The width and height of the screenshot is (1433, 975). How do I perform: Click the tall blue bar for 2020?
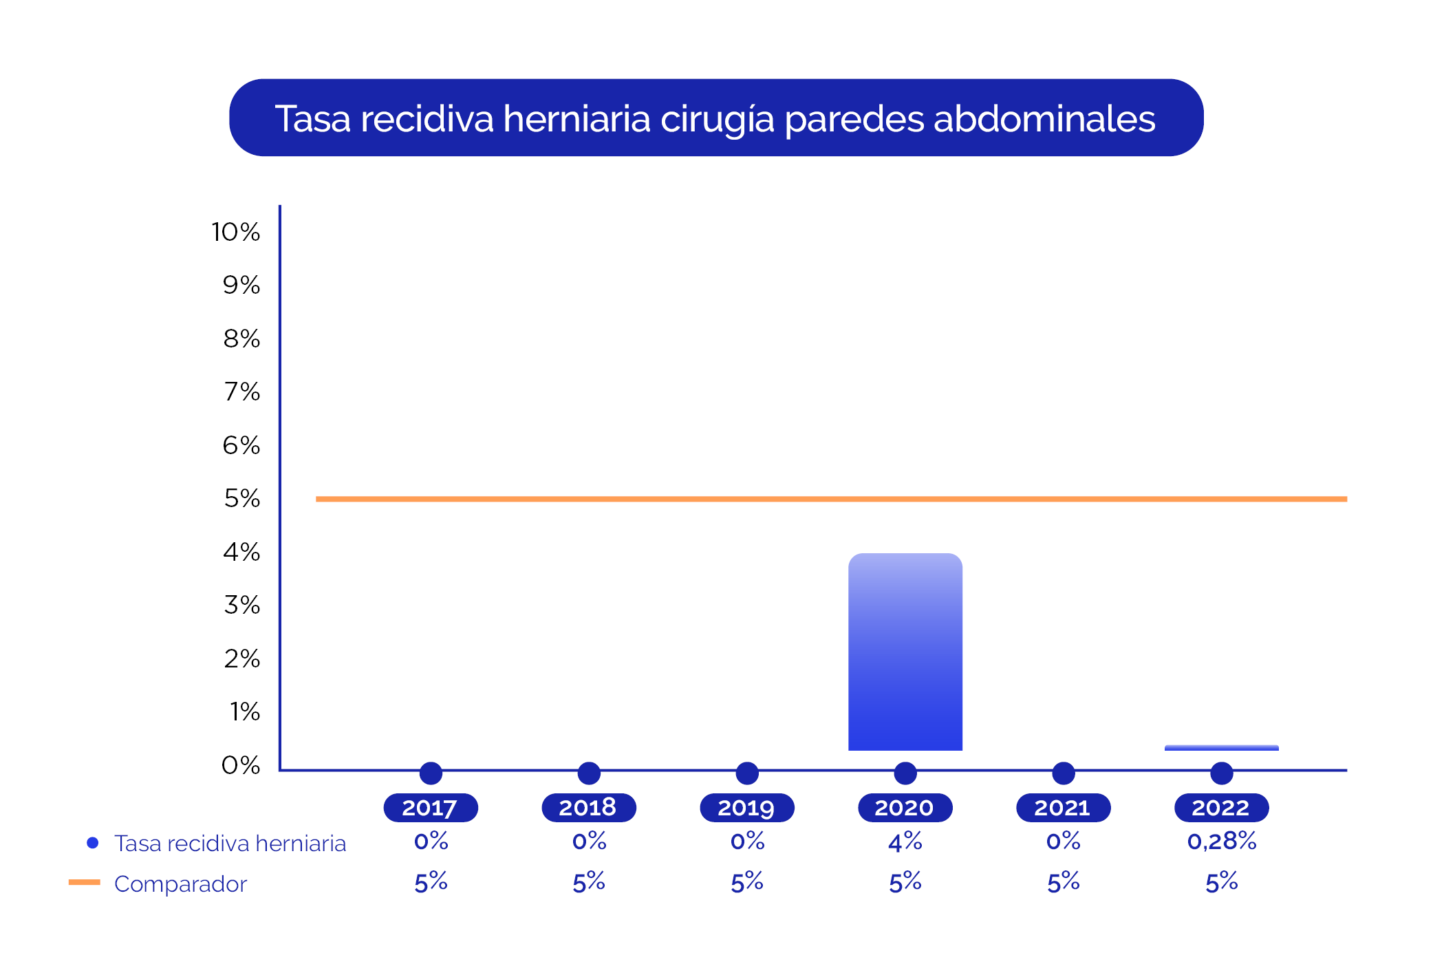(x=905, y=652)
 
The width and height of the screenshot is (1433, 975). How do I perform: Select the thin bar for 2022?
(x=1222, y=747)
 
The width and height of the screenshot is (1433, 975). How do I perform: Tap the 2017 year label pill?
(x=431, y=808)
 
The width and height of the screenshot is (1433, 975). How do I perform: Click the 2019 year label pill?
(x=747, y=808)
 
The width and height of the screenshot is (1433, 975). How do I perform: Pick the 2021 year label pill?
(x=1064, y=808)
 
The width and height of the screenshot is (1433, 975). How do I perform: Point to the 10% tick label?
(x=236, y=232)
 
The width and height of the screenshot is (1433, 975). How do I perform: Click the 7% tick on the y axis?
(x=242, y=392)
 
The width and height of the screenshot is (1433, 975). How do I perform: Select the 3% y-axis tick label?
(x=242, y=605)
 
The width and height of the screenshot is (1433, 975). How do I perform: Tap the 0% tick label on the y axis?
(x=241, y=764)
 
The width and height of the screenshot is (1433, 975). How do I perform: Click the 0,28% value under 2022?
(x=1222, y=841)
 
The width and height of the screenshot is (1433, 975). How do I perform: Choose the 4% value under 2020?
(x=905, y=841)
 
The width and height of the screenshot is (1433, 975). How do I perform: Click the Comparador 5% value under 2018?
(x=589, y=882)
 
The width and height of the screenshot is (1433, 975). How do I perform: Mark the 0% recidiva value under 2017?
(x=431, y=841)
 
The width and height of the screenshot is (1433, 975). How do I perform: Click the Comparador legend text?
(x=180, y=883)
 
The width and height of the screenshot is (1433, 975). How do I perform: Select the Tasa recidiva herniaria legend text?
(x=230, y=843)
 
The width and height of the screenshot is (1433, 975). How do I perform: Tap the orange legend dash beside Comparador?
(x=85, y=882)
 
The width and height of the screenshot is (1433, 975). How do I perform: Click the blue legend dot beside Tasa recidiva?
(x=93, y=843)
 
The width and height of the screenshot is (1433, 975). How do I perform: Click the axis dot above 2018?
(x=589, y=773)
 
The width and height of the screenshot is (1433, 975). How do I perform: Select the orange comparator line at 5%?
(x=831, y=499)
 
